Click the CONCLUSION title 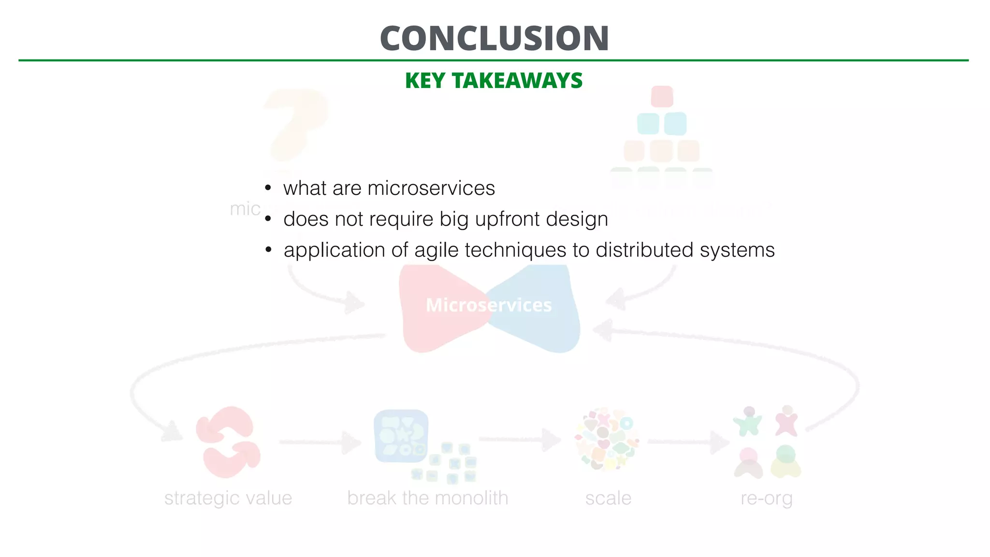[x=494, y=39]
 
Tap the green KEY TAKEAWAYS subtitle [x=494, y=81]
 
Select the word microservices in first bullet [x=431, y=188]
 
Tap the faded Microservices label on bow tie [x=489, y=305]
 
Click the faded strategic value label [x=228, y=498]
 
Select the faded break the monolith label [x=427, y=498]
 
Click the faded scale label [x=608, y=498]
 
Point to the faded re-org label [x=767, y=498]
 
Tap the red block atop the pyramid [x=662, y=97]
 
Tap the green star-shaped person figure [x=748, y=422]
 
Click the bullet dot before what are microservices [x=268, y=188]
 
